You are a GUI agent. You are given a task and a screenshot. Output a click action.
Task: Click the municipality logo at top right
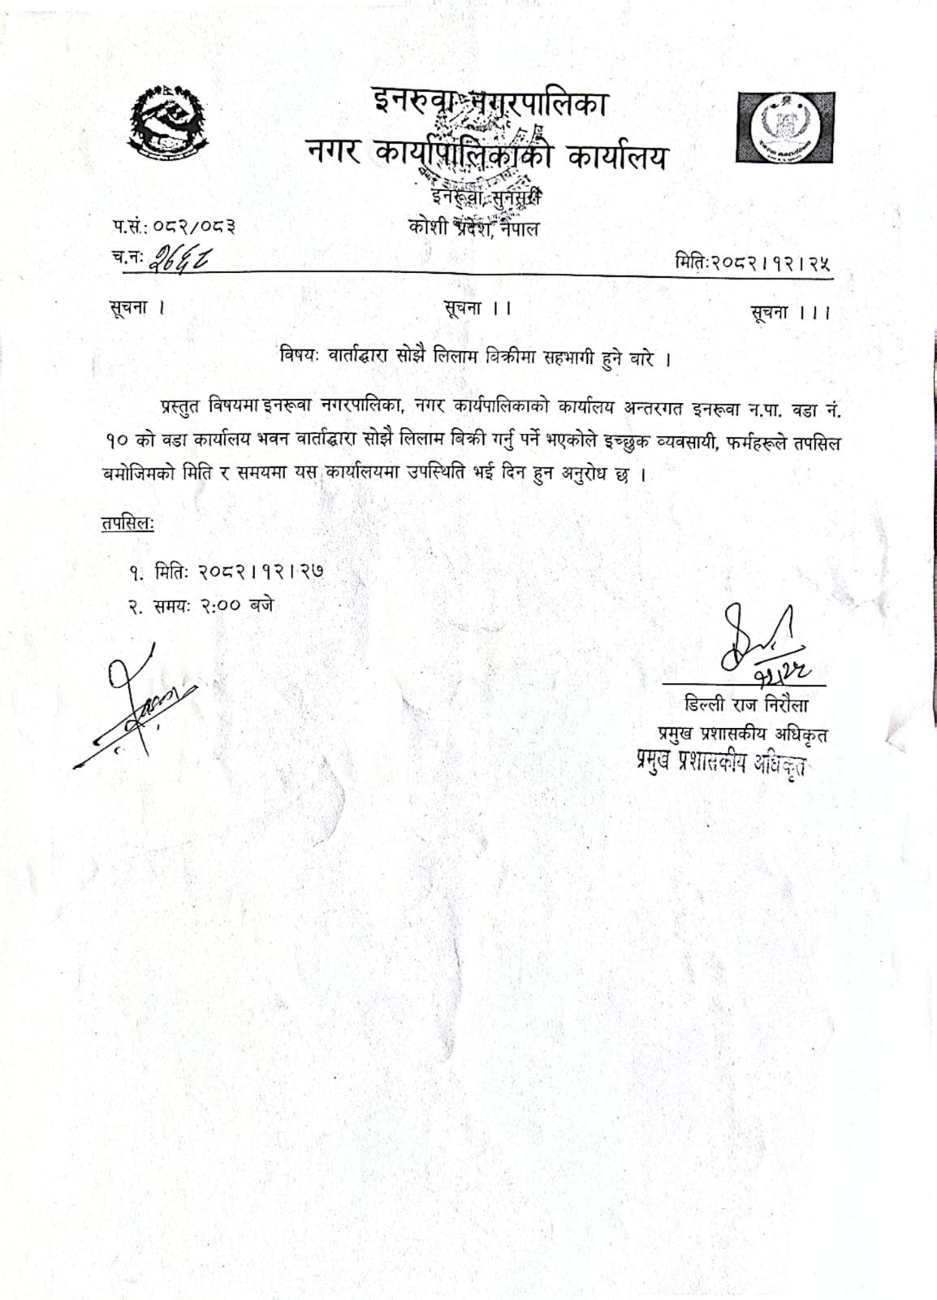[x=785, y=127]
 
